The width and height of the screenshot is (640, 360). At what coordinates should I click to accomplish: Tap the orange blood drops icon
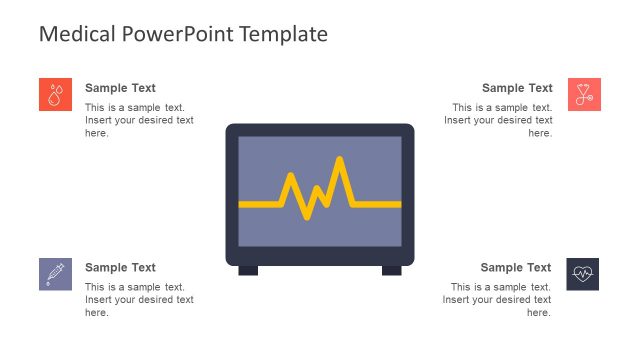pos(55,94)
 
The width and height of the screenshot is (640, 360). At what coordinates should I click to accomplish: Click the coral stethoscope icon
pos(584,94)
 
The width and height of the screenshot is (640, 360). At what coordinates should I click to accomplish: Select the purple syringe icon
pos(55,273)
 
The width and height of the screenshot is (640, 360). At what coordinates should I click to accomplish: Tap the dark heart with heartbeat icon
pos(583,273)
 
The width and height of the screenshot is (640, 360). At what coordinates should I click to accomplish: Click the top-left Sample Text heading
pos(120,88)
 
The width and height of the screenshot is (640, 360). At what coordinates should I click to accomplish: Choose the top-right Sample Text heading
pos(517,88)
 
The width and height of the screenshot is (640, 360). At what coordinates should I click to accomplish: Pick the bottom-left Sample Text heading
pos(120,267)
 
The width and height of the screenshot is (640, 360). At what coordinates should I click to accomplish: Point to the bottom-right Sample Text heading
pos(516,267)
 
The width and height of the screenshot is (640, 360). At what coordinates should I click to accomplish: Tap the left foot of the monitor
pos(248,270)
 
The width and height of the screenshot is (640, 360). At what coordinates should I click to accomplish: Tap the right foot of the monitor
pos(391,270)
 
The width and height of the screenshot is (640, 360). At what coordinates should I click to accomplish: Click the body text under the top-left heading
pos(139,120)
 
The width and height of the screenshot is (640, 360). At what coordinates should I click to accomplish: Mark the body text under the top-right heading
pos(499,120)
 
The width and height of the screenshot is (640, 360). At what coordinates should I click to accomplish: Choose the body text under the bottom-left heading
pos(139,300)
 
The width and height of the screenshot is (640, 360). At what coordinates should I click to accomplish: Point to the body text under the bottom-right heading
pos(498,300)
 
